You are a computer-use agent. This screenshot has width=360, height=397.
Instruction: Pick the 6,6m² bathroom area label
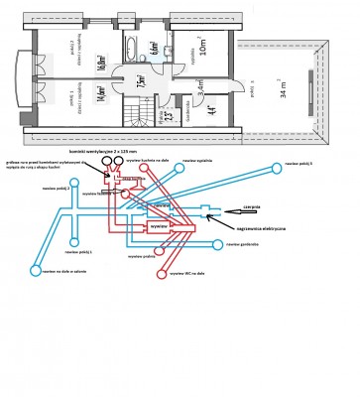(155, 47)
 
